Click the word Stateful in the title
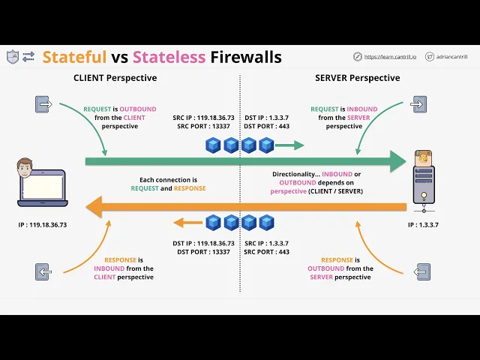click(x=74, y=57)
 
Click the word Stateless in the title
click(x=169, y=57)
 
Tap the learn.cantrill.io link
click(x=390, y=57)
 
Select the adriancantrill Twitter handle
click(x=451, y=57)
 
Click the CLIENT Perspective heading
click(x=115, y=78)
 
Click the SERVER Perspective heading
click(x=357, y=78)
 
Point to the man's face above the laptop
click(x=25, y=167)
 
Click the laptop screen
click(x=43, y=187)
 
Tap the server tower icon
click(x=424, y=181)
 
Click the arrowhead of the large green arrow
click(x=398, y=161)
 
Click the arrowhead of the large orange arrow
click(x=94, y=207)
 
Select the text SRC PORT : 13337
click(x=203, y=126)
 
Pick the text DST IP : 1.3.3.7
click(x=267, y=118)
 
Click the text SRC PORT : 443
click(x=267, y=252)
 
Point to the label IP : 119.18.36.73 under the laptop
click(x=42, y=225)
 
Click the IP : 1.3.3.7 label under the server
click(x=423, y=225)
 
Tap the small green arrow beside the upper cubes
click(x=289, y=145)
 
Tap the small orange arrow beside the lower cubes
click(x=188, y=223)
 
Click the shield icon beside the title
click(x=13, y=57)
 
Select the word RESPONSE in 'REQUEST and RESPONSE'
click(x=190, y=188)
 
